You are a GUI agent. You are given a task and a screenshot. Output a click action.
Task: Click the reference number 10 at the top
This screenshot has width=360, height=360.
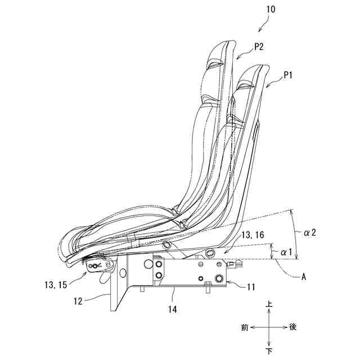click(x=271, y=10)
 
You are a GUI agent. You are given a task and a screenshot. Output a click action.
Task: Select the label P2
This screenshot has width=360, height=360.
click(x=259, y=48)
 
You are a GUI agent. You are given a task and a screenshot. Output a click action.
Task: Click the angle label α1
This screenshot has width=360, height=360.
click(x=286, y=253)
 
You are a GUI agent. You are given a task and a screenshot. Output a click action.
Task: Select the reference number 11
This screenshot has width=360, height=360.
click(x=251, y=287)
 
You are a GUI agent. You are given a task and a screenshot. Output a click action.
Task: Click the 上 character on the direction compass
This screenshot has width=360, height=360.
click(x=270, y=304)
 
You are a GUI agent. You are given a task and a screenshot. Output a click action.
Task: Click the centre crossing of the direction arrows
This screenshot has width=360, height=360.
click(x=270, y=327)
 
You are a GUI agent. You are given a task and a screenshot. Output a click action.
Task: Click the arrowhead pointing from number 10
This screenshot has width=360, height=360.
click(x=258, y=31)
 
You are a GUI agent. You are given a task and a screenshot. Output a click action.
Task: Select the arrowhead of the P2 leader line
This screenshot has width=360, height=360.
click(x=236, y=58)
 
